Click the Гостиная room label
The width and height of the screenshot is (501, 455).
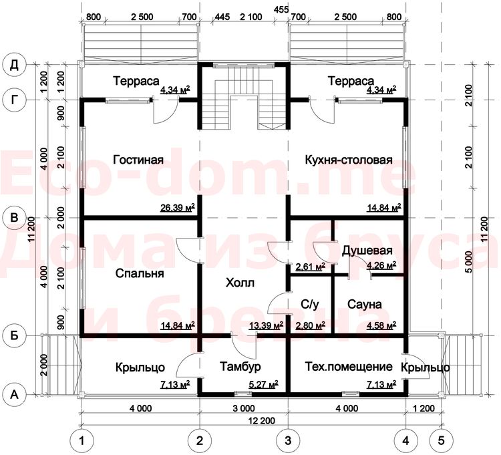click(138, 160)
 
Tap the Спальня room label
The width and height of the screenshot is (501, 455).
click(140, 273)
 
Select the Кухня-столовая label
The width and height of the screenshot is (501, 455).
click(349, 160)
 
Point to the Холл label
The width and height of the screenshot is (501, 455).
click(240, 283)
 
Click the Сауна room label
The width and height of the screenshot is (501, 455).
click(364, 304)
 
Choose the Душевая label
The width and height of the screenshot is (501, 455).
click(367, 251)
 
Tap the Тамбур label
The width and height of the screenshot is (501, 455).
click(240, 367)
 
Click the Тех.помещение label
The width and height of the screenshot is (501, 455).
click(349, 367)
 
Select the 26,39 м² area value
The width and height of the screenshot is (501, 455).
click(178, 208)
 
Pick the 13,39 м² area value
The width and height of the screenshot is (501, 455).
click(266, 325)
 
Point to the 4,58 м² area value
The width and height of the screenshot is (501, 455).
click(381, 325)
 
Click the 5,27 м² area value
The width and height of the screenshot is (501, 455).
click(263, 384)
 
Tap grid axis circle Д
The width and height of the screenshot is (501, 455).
click(14, 65)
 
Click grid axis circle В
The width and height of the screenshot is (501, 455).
click(14, 218)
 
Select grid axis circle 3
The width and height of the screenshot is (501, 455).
click(288, 441)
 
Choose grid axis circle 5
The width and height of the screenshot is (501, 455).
click(441, 441)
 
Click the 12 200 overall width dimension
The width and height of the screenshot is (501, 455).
click(262, 420)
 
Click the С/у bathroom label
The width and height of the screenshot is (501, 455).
click(309, 304)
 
